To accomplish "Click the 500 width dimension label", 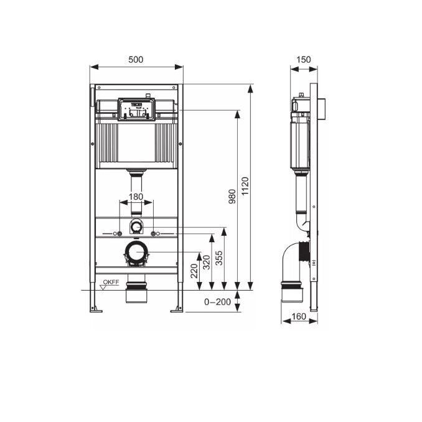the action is pos(136,60).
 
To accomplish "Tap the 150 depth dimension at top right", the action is pos(303,60).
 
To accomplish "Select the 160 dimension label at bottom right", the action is pos(299,316).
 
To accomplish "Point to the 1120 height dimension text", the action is pos(245,186).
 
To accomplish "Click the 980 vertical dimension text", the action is pos(232,196).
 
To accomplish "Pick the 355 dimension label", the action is pos(219,258).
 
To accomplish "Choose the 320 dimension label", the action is pos(207,263).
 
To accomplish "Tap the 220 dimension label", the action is pos(194,271).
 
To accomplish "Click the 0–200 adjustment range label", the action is pos(217,302).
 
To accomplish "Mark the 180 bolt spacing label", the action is pos(136,197).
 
